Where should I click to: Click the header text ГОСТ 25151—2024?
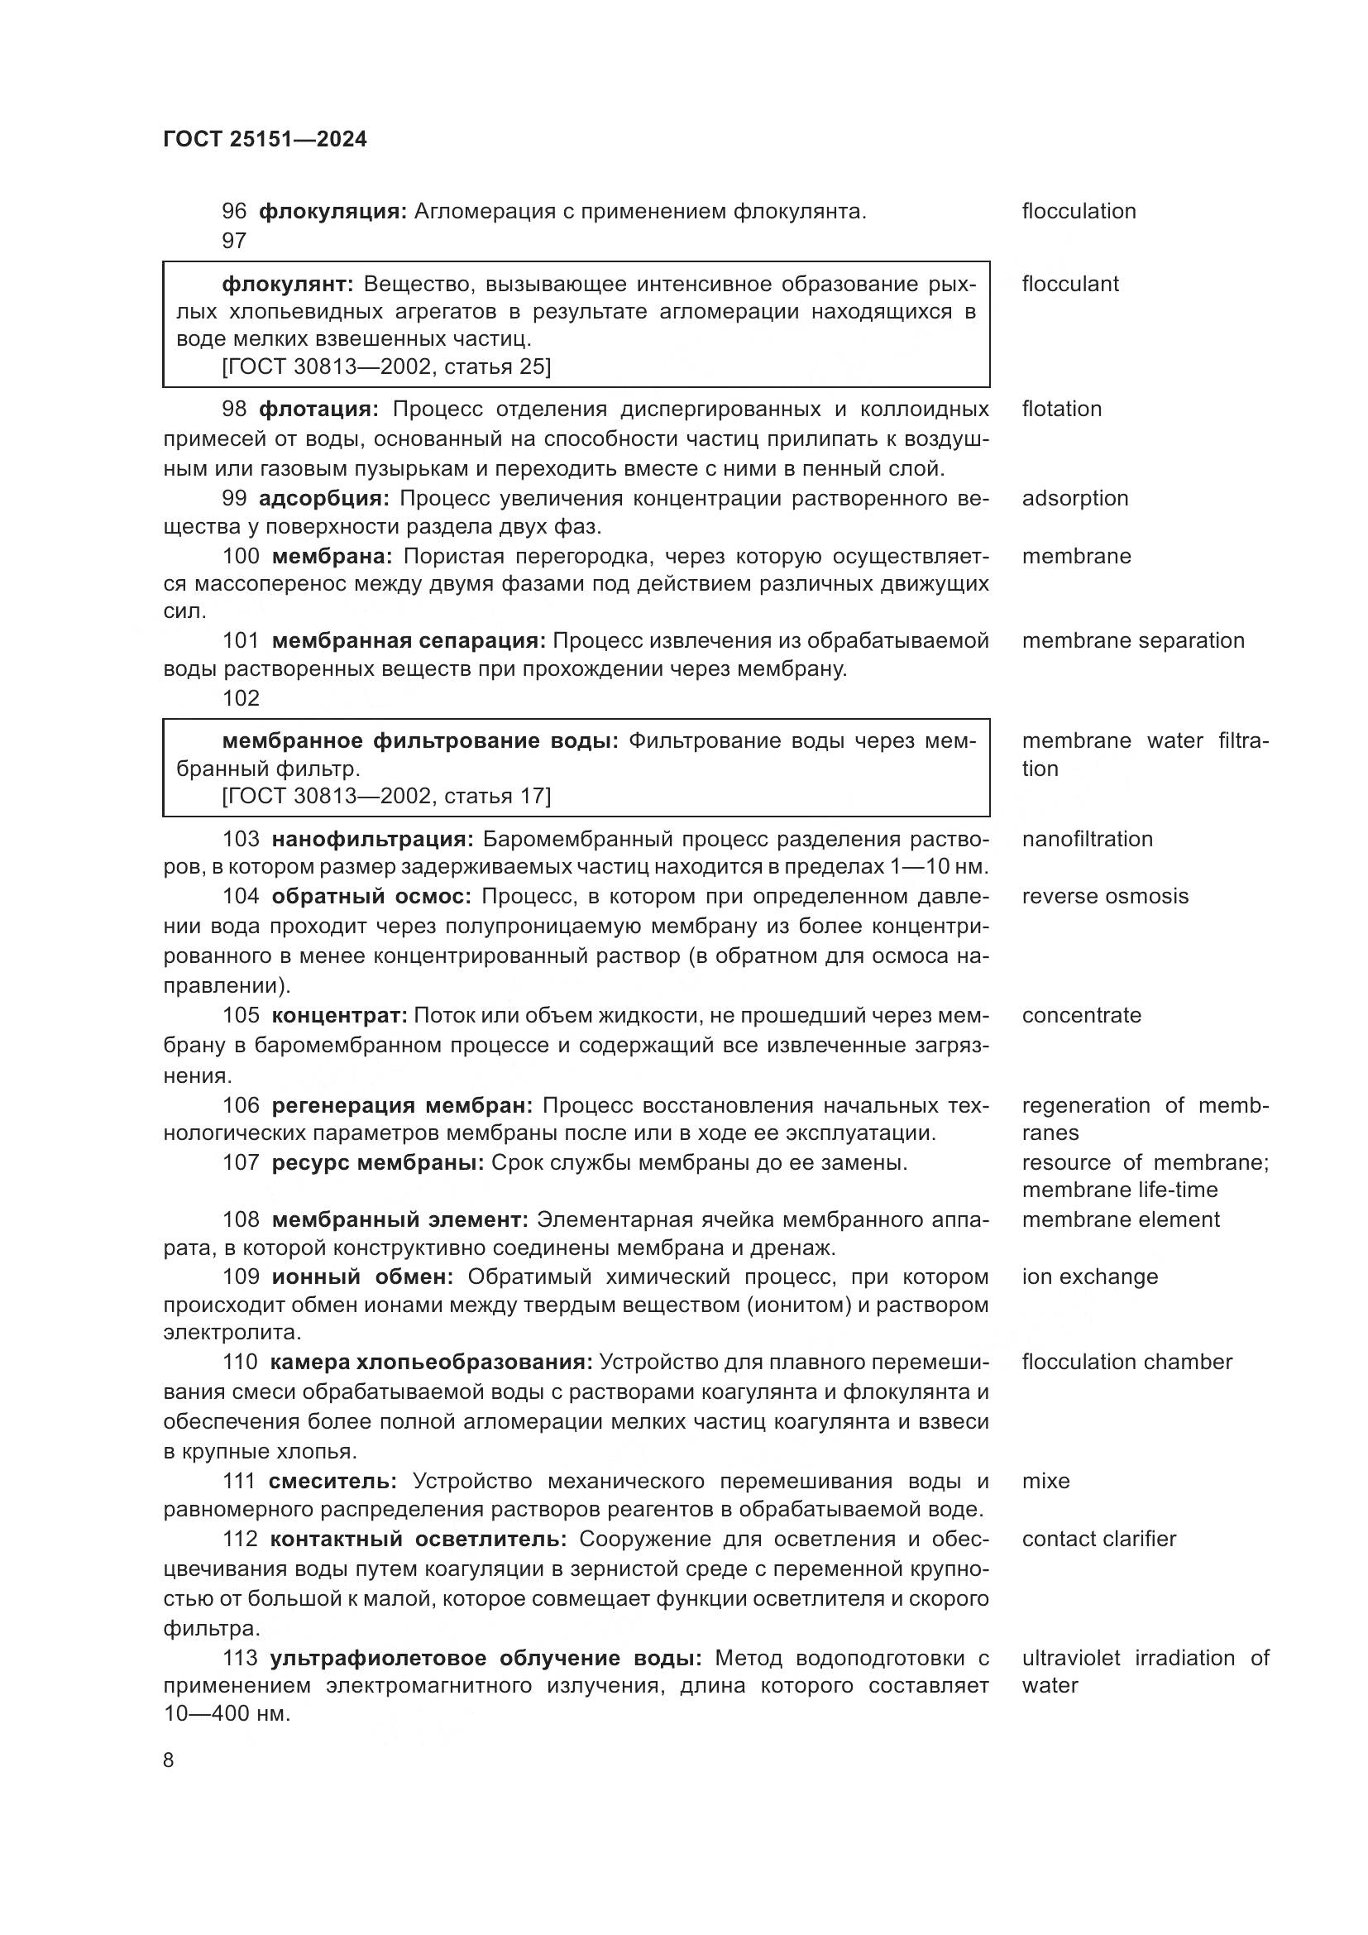tap(265, 139)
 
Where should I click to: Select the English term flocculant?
tap(1069, 284)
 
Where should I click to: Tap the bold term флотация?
tap(318, 410)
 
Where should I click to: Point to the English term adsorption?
tap(1075, 498)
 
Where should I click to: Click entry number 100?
tap(241, 556)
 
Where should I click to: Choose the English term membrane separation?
tap(1133, 640)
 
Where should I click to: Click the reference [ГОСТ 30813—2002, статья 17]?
tap(385, 797)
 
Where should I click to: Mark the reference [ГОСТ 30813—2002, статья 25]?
tap(385, 366)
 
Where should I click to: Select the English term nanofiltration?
tap(1087, 840)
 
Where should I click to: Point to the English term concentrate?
tap(1082, 1016)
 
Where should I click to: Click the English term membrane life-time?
tap(1120, 1190)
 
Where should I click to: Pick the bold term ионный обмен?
tap(362, 1276)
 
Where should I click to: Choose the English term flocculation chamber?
tap(1126, 1362)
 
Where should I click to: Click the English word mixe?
tap(1045, 1481)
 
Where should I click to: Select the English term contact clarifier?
tap(1098, 1539)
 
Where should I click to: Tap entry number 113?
tap(240, 1658)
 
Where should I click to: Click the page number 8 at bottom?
tap(169, 1760)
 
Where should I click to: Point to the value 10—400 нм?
tap(226, 1714)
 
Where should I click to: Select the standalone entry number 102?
tap(241, 699)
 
